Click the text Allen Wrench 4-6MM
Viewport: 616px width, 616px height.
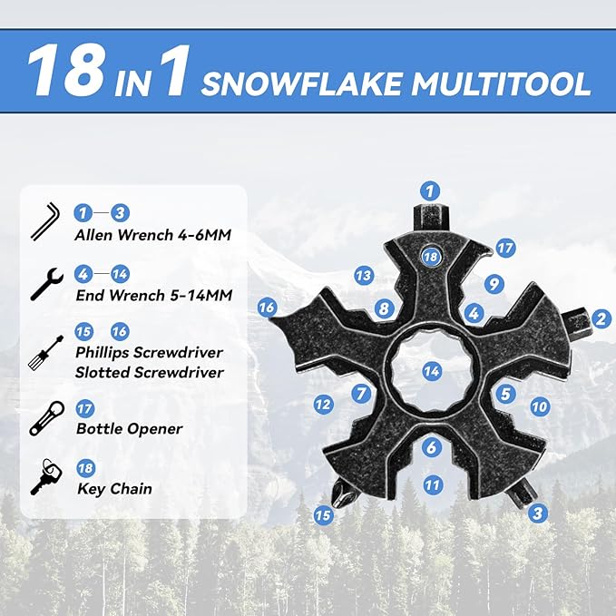click(152, 236)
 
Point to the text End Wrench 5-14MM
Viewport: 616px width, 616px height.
click(152, 296)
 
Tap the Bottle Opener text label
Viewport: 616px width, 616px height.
click(129, 429)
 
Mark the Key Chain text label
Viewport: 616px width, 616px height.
click(113, 489)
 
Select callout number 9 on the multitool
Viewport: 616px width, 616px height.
click(493, 284)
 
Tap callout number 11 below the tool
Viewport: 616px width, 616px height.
click(433, 484)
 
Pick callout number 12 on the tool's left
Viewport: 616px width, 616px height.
click(323, 405)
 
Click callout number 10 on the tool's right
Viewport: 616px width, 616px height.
click(540, 406)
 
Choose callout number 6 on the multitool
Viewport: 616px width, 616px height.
click(432, 446)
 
